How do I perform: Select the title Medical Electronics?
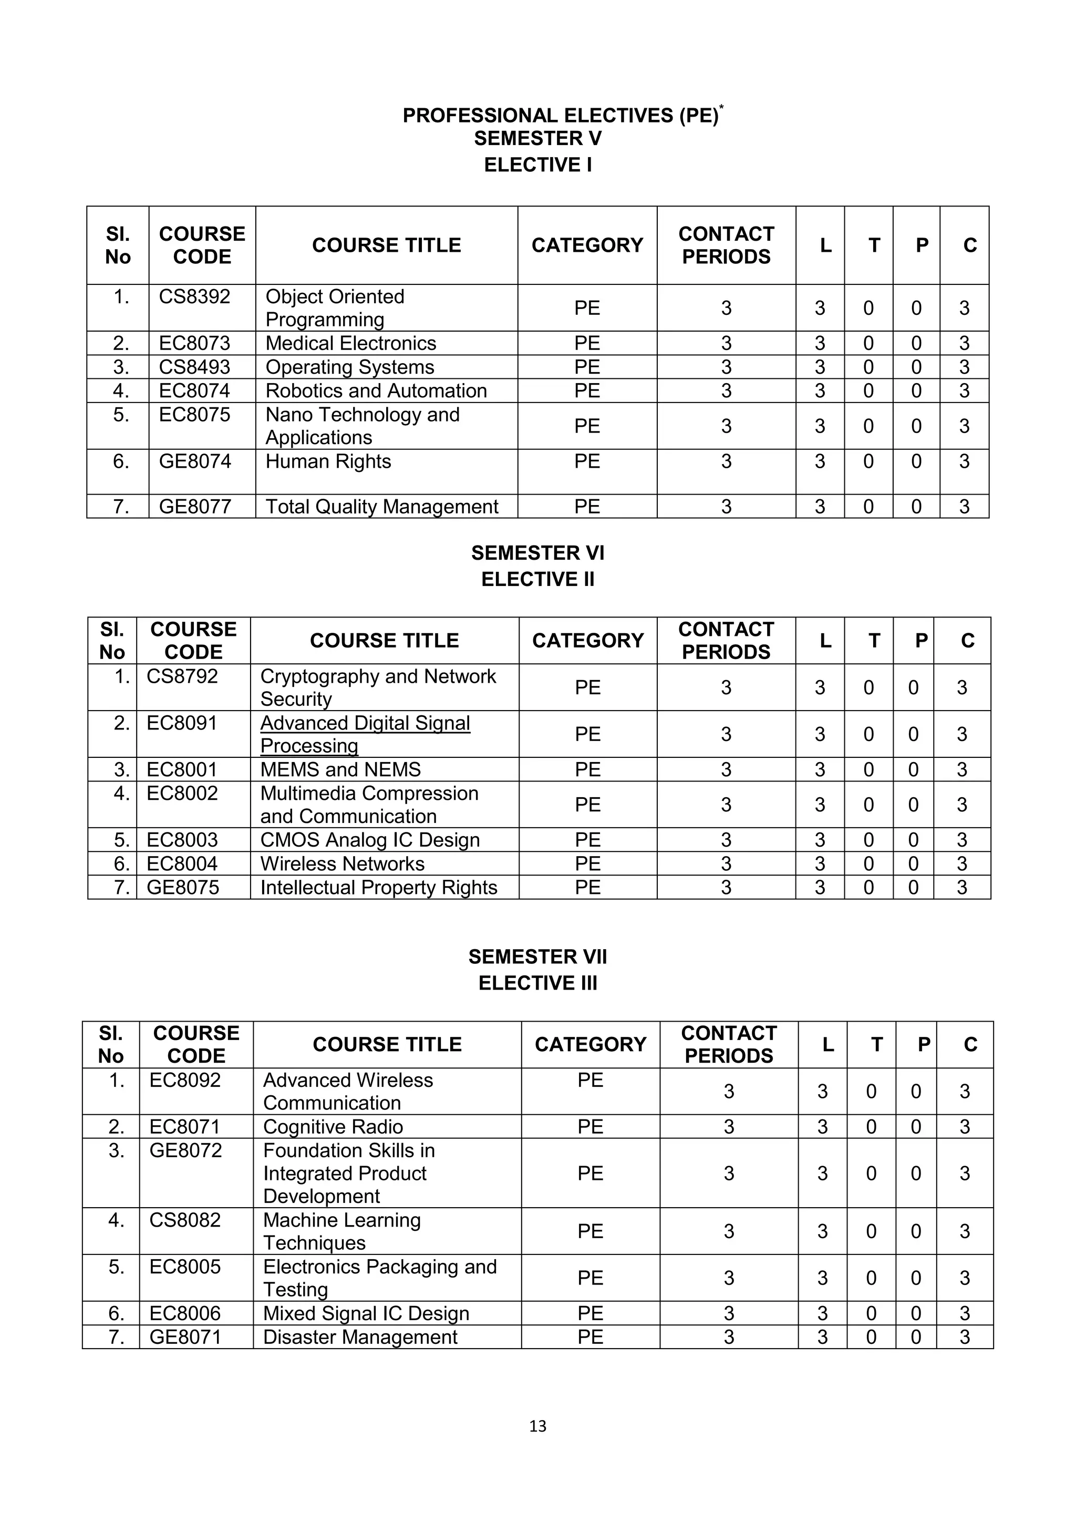350,343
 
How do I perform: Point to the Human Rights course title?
328,461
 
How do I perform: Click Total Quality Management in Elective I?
381,507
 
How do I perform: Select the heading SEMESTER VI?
537,553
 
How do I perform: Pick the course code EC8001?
182,769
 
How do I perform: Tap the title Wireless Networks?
342,864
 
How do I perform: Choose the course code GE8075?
182,888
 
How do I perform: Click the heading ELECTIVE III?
537,983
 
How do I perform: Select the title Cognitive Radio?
333,1127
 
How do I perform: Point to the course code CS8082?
185,1220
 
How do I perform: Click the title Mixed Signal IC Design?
366,1313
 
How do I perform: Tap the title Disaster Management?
360,1337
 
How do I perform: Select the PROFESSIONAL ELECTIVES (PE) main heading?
561,115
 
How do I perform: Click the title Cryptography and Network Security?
378,687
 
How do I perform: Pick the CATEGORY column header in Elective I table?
587,245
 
